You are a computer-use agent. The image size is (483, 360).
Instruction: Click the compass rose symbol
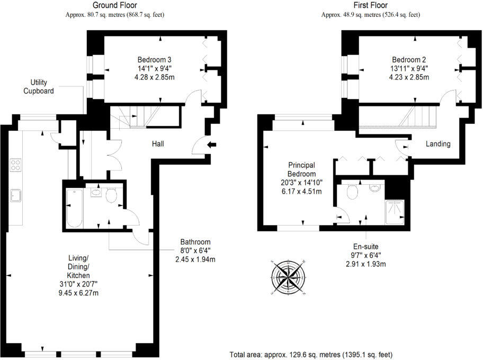coord(289,276)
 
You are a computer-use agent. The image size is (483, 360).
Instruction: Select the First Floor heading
coord(370,6)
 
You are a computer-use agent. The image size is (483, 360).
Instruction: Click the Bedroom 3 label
coord(154,59)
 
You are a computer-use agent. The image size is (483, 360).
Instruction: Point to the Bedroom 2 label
coord(408,59)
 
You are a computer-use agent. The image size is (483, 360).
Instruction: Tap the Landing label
coord(438,144)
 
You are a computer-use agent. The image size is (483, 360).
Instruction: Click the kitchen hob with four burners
coord(15,165)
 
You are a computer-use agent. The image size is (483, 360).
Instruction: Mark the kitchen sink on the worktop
coord(14,195)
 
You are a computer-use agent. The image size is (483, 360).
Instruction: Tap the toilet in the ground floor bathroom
coord(111,196)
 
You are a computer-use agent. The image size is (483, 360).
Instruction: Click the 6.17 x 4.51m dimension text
coord(302,191)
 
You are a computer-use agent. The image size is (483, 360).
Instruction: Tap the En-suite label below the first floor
coord(365,246)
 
